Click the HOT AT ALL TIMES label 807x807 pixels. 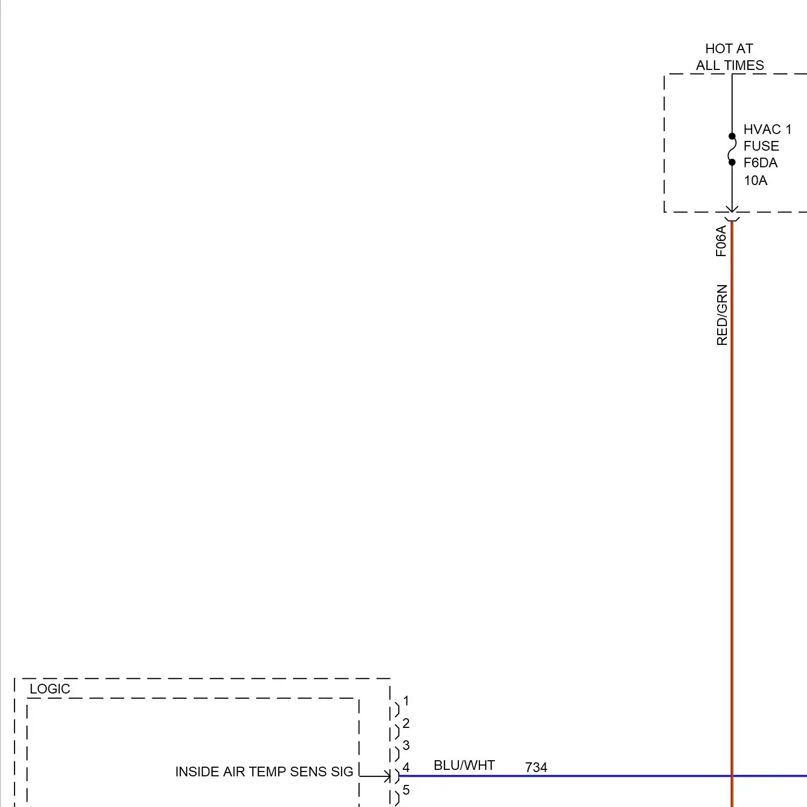pyautogui.click(x=730, y=57)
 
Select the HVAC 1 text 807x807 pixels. pyautogui.click(x=767, y=130)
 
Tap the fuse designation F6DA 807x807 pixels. pyautogui.click(x=760, y=163)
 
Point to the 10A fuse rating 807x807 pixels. pyautogui.click(x=755, y=181)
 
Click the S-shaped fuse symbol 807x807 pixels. pyautogui.click(x=732, y=149)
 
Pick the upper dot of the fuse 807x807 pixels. pyautogui.click(x=732, y=136)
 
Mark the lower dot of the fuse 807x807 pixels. pyautogui.click(x=732, y=162)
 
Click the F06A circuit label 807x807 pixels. pyautogui.click(x=721, y=241)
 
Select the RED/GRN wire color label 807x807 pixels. pyautogui.click(x=722, y=315)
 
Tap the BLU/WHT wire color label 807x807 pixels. pyautogui.click(x=464, y=766)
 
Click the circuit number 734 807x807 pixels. pyautogui.click(x=536, y=768)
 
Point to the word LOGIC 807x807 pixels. pyautogui.click(x=50, y=689)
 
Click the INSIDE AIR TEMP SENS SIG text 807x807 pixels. pyautogui.click(x=264, y=772)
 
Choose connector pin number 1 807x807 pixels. pyautogui.click(x=406, y=701)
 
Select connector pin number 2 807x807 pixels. pyautogui.click(x=406, y=724)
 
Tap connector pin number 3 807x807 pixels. pyautogui.click(x=406, y=746)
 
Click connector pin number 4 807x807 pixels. pyautogui.click(x=406, y=768)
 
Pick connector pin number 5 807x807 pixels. pyautogui.click(x=406, y=790)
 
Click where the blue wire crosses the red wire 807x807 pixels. pyautogui.click(x=732, y=776)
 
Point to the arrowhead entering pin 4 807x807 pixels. pyautogui.click(x=387, y=776)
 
